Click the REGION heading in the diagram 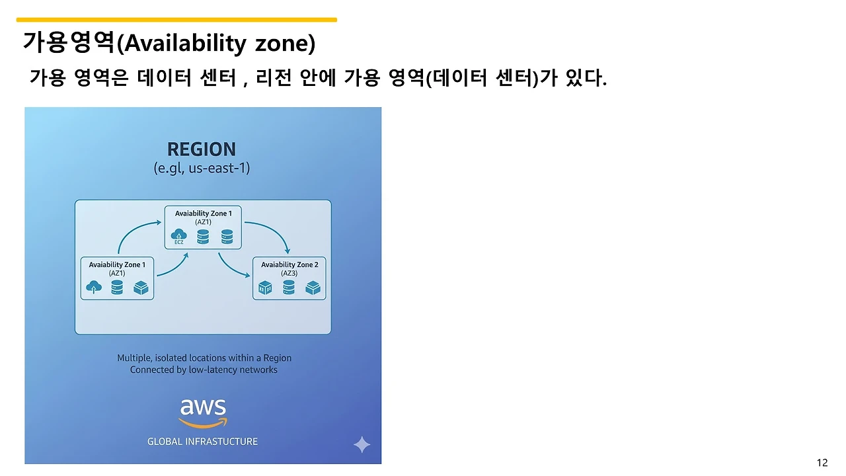point(202,149)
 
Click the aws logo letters point(203,406)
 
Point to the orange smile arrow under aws point(203,422)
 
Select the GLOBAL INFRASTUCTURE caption point(202,442)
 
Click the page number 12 point(822,463)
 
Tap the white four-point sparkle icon point(362,444)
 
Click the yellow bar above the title point(176,20)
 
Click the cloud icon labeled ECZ point(179,235)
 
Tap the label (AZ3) point(289,273)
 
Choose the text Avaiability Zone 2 point(289,264)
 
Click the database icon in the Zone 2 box point(289,288)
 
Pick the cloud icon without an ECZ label point(94,287)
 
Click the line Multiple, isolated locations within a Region point(204,358)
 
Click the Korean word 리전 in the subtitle point(273,79)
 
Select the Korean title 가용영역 point(69,42)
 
